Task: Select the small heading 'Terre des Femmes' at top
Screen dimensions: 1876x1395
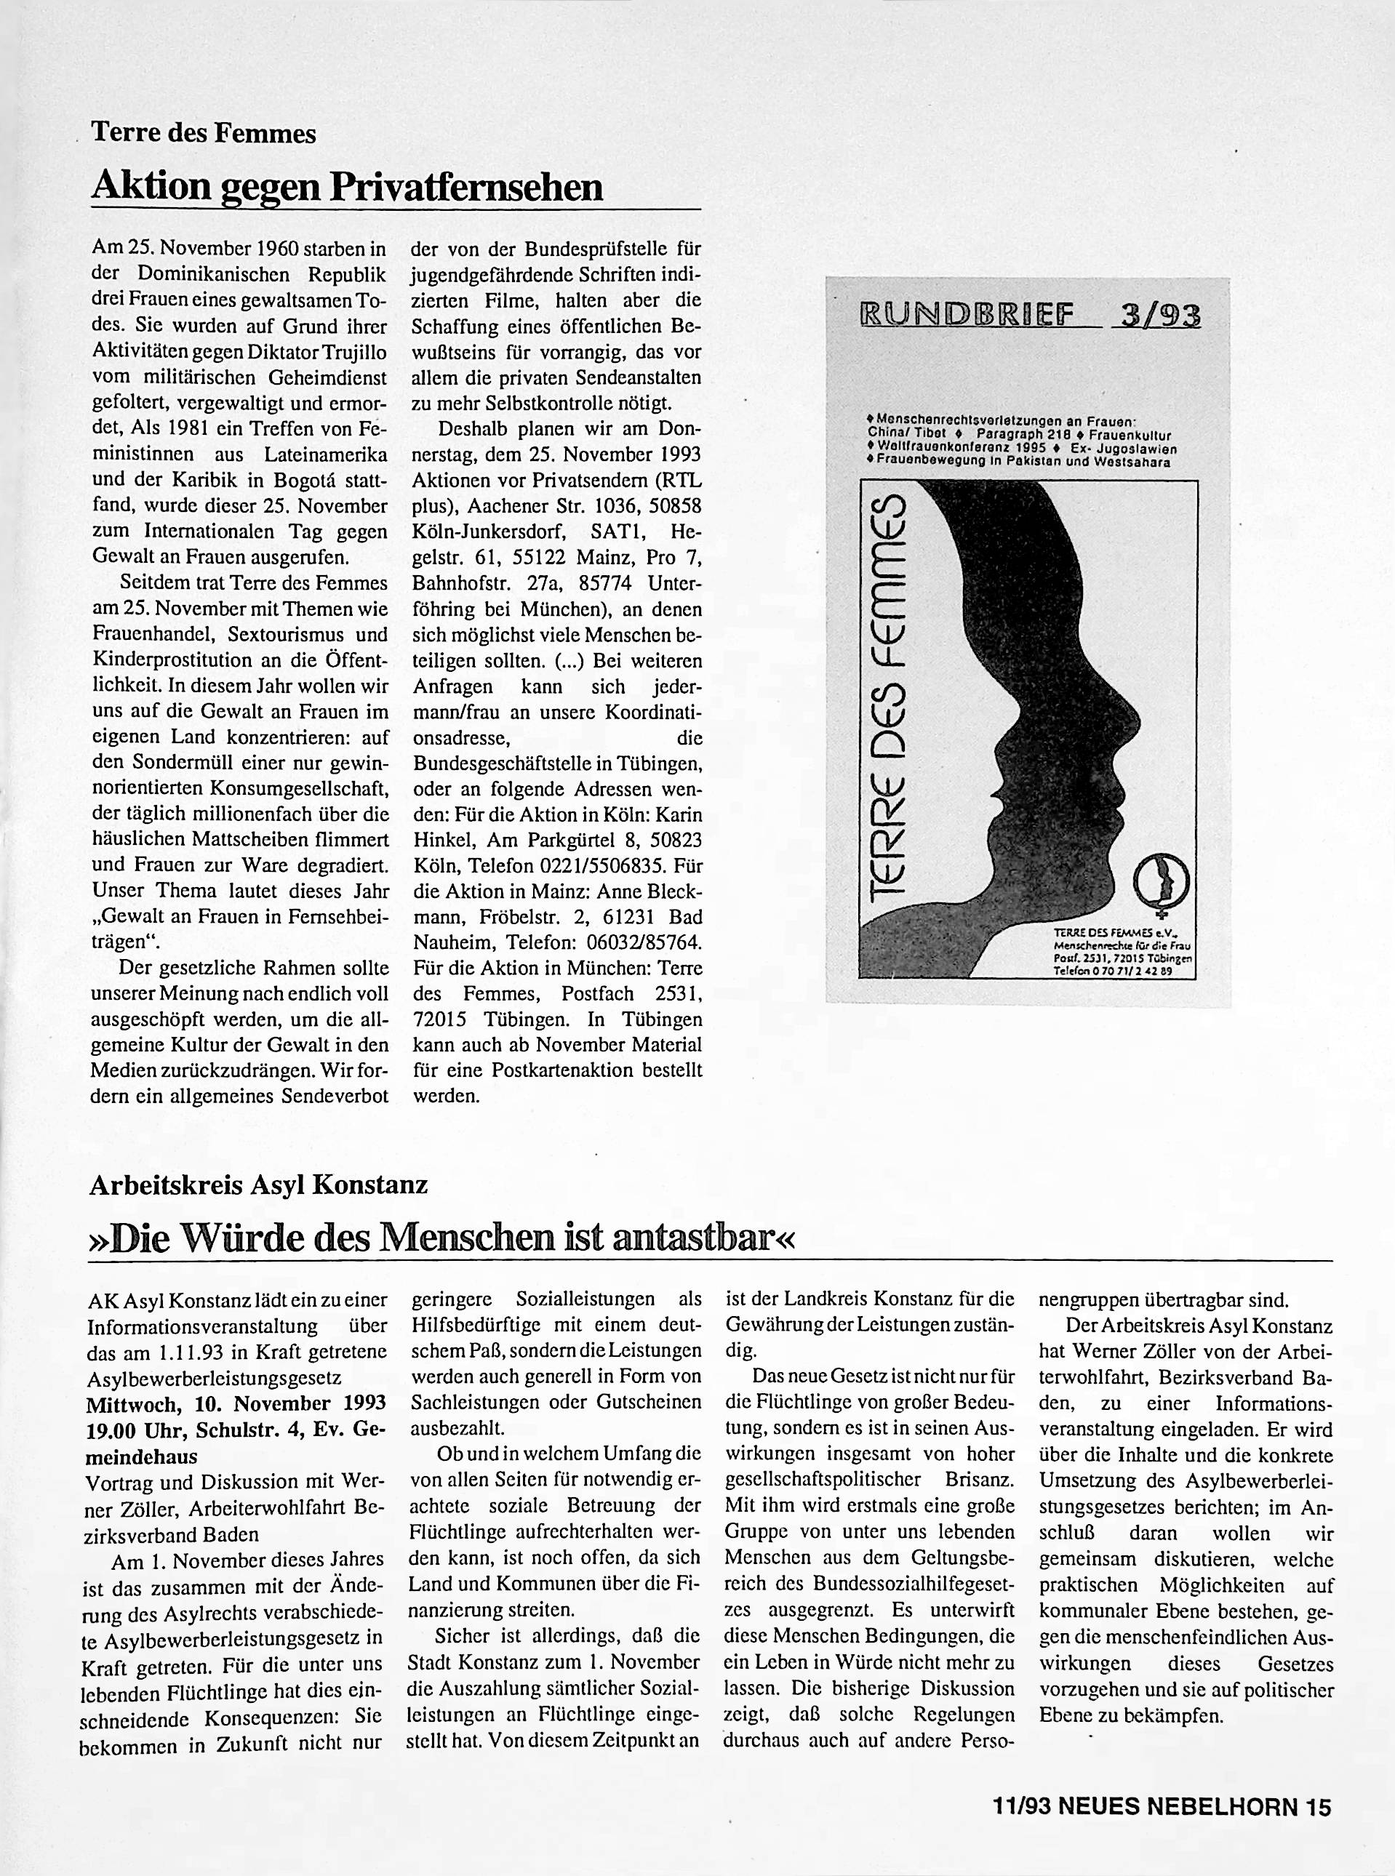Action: click(x=204, y=132)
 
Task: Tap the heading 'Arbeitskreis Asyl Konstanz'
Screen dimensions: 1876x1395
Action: click(x=258, y=1184)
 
